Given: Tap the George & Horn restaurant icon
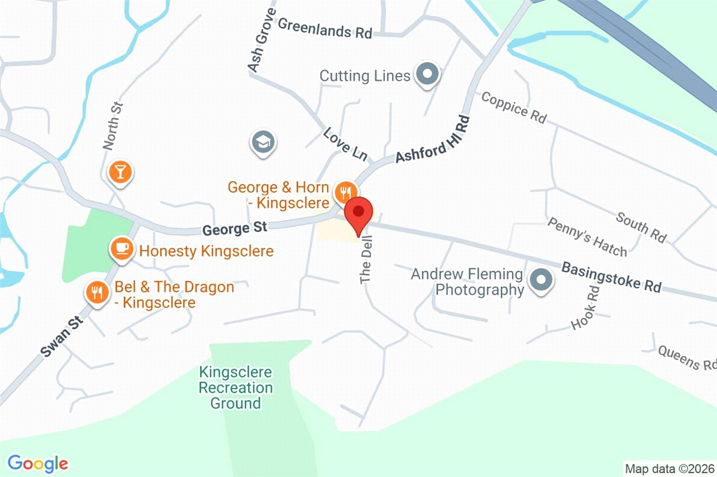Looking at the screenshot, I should [x=344, y=192].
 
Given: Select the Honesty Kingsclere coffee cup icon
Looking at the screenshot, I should [x=122, y=248].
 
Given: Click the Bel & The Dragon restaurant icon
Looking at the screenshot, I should [x=96, y=292].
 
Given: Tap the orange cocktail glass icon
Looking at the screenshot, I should [x=120, y=172].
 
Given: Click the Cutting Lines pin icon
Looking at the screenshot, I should [x=427, y=75].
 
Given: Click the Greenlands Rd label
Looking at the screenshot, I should [x=325, y=29].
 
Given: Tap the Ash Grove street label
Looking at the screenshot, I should [x=262, y=41].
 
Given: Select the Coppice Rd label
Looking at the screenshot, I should [x=514, y=107].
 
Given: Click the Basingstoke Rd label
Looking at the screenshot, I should [x=611, y=276].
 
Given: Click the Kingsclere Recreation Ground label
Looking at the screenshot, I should [x=235, y=387].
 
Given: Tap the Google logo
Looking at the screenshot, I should [x=38, y=463].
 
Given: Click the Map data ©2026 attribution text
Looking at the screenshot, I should [x=669, y=467].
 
